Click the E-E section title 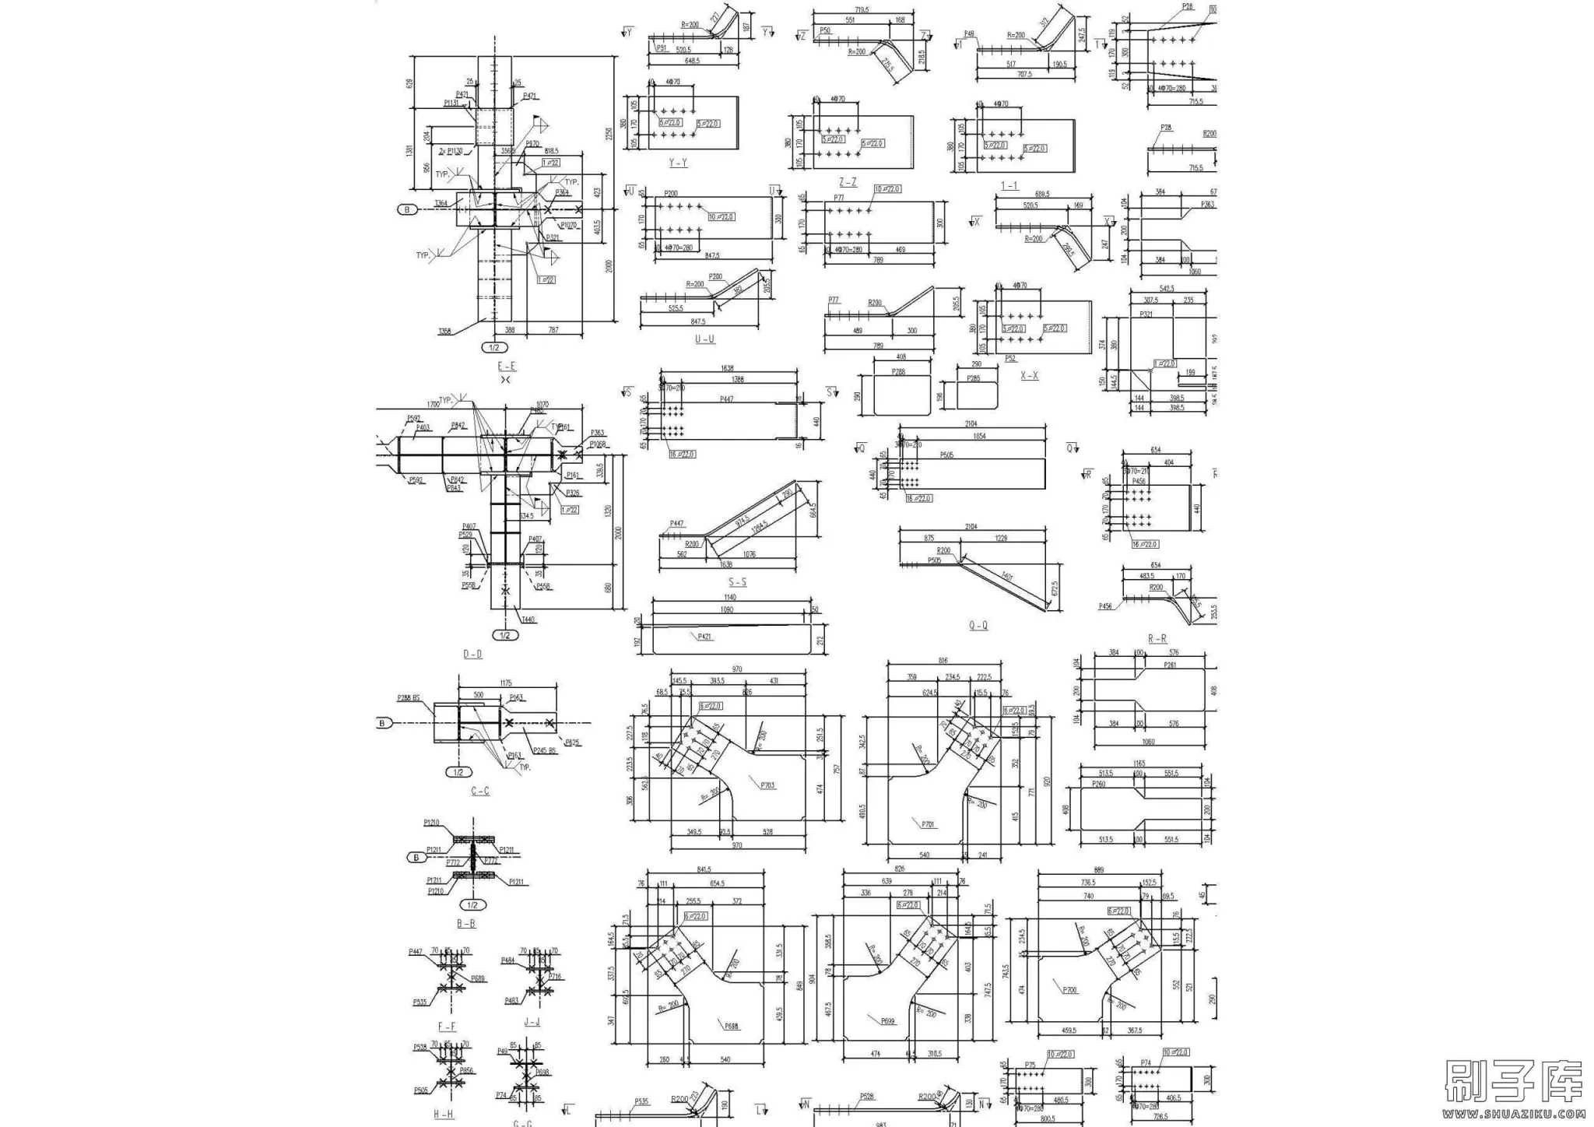[507, 366]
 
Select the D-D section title [472, 655]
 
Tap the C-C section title [480, 791]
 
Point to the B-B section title [465, 924]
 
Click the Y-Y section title [678, 163]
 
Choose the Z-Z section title [848, 182]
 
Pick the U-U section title [704, 339]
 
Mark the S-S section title [737, 582]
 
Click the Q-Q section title [978, 625]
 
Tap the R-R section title [1157, 639]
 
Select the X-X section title [1029, 376]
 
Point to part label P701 [928, 823]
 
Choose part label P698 [732, 1026]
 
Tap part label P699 [888, 1020]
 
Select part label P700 [1069, 990]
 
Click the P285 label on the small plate [973, 379]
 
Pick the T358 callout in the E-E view [444, 332]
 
